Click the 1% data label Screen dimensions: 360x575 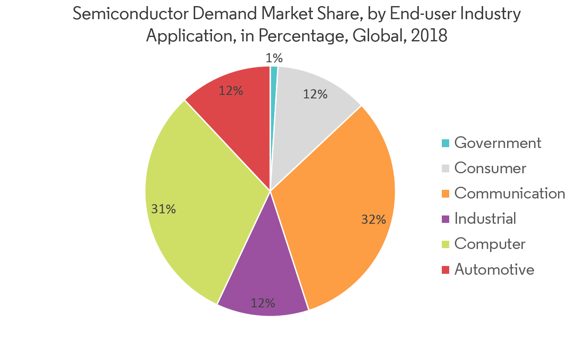(274, 58)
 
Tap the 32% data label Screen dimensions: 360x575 (373, 219)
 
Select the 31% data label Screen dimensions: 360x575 (163, 209)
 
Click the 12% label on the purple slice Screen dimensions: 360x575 (262, 303)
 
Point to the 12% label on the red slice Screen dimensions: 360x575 (231, 91)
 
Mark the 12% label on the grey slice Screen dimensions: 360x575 (315, 94)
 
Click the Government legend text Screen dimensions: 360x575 (498, 143)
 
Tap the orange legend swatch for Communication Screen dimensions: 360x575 (445, 193)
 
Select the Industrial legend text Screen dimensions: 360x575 (485, 219)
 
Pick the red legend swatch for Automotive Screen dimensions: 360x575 (445, 269)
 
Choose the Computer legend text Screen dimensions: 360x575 (490, 244)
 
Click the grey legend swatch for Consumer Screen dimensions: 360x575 (445, 168)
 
